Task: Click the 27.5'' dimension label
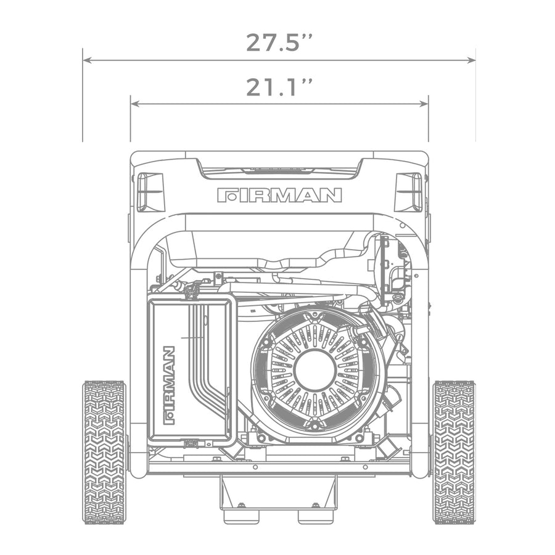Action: tap(279, 43)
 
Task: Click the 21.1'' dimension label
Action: tap(279, 88)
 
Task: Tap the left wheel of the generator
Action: tap(104, 452)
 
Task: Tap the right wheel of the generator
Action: tap(454, 452)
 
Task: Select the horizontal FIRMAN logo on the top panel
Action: tap(279, 195)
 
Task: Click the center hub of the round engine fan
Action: tap(315, 370)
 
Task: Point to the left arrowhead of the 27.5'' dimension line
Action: tap(86, 60)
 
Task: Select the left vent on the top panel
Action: tap(150, 192)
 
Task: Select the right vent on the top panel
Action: tap(408, 192)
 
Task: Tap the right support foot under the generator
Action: tap(316, 514)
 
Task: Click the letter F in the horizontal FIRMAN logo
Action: tap(226, 195)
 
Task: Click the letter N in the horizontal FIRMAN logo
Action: tap(332, 195)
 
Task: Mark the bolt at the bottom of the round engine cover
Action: tap(315, 425)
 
